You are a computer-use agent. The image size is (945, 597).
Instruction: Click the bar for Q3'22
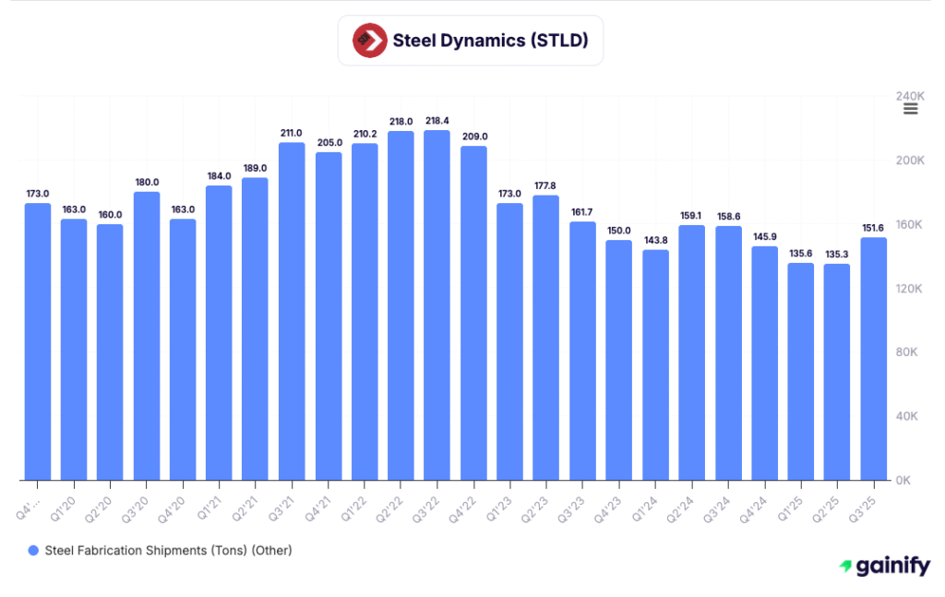coord(437,304)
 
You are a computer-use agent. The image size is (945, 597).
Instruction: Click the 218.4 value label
coord(437,121)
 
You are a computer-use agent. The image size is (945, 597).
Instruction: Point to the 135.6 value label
coord(801,254)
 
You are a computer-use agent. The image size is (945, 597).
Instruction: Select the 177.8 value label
coord(546,185)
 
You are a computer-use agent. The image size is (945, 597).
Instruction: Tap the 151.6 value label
coord(874,228)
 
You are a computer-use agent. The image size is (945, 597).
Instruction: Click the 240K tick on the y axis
coord(909,96)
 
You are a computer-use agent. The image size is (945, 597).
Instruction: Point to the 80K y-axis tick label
coord(906,352)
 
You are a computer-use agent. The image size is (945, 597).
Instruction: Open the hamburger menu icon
coord(910,109)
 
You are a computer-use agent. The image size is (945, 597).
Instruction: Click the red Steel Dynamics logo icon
coord(368,41)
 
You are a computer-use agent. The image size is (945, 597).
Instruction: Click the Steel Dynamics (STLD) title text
coord(490,41)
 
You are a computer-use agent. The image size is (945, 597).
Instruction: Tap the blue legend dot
coord(33,551)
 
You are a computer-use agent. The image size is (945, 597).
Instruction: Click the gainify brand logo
coord(884,567)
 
